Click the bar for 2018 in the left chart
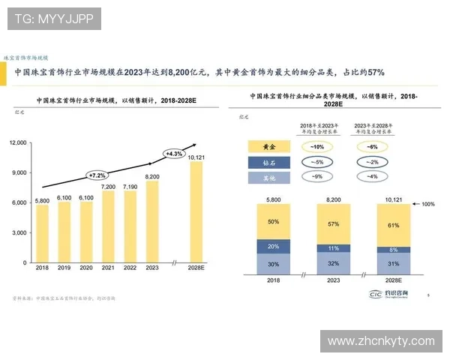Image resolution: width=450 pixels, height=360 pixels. (x=42, y=234)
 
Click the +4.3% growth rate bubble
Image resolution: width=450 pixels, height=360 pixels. (x=174, y=154)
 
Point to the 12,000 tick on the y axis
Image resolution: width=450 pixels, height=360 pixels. (x=18, y=142)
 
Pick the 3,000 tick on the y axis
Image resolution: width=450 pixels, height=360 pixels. (x=20, y=233)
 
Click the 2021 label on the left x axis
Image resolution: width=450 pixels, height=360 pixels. (x=108, y=268)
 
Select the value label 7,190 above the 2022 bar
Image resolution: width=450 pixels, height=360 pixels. (x=130, y=186)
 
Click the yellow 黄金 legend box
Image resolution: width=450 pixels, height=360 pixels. (x=270, y=146)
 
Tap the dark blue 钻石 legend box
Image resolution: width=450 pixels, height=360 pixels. (x=270, y=162)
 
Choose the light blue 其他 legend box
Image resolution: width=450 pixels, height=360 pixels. (x=270, y=178)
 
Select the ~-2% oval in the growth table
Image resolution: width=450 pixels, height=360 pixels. (x=373, y=162)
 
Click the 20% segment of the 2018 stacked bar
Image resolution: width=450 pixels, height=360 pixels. (x=273, y=246)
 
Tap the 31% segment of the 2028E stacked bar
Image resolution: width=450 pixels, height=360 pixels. (x=393, y=262)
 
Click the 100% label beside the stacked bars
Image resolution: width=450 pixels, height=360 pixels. (x=427, y=204)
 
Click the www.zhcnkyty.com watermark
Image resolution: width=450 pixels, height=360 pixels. (x=381, y=341)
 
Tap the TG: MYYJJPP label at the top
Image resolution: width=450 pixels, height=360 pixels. (x=54, y=18)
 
